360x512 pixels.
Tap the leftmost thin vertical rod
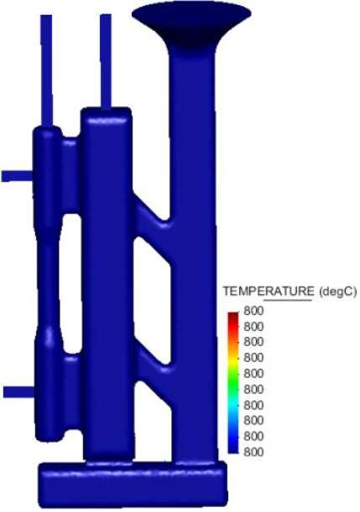pos(46,71)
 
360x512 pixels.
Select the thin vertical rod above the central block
pos(106,61)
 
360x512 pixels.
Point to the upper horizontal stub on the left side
pos(17,176)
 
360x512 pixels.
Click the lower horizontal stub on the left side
pos(19,392)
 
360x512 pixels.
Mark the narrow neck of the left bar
pos(48,280)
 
